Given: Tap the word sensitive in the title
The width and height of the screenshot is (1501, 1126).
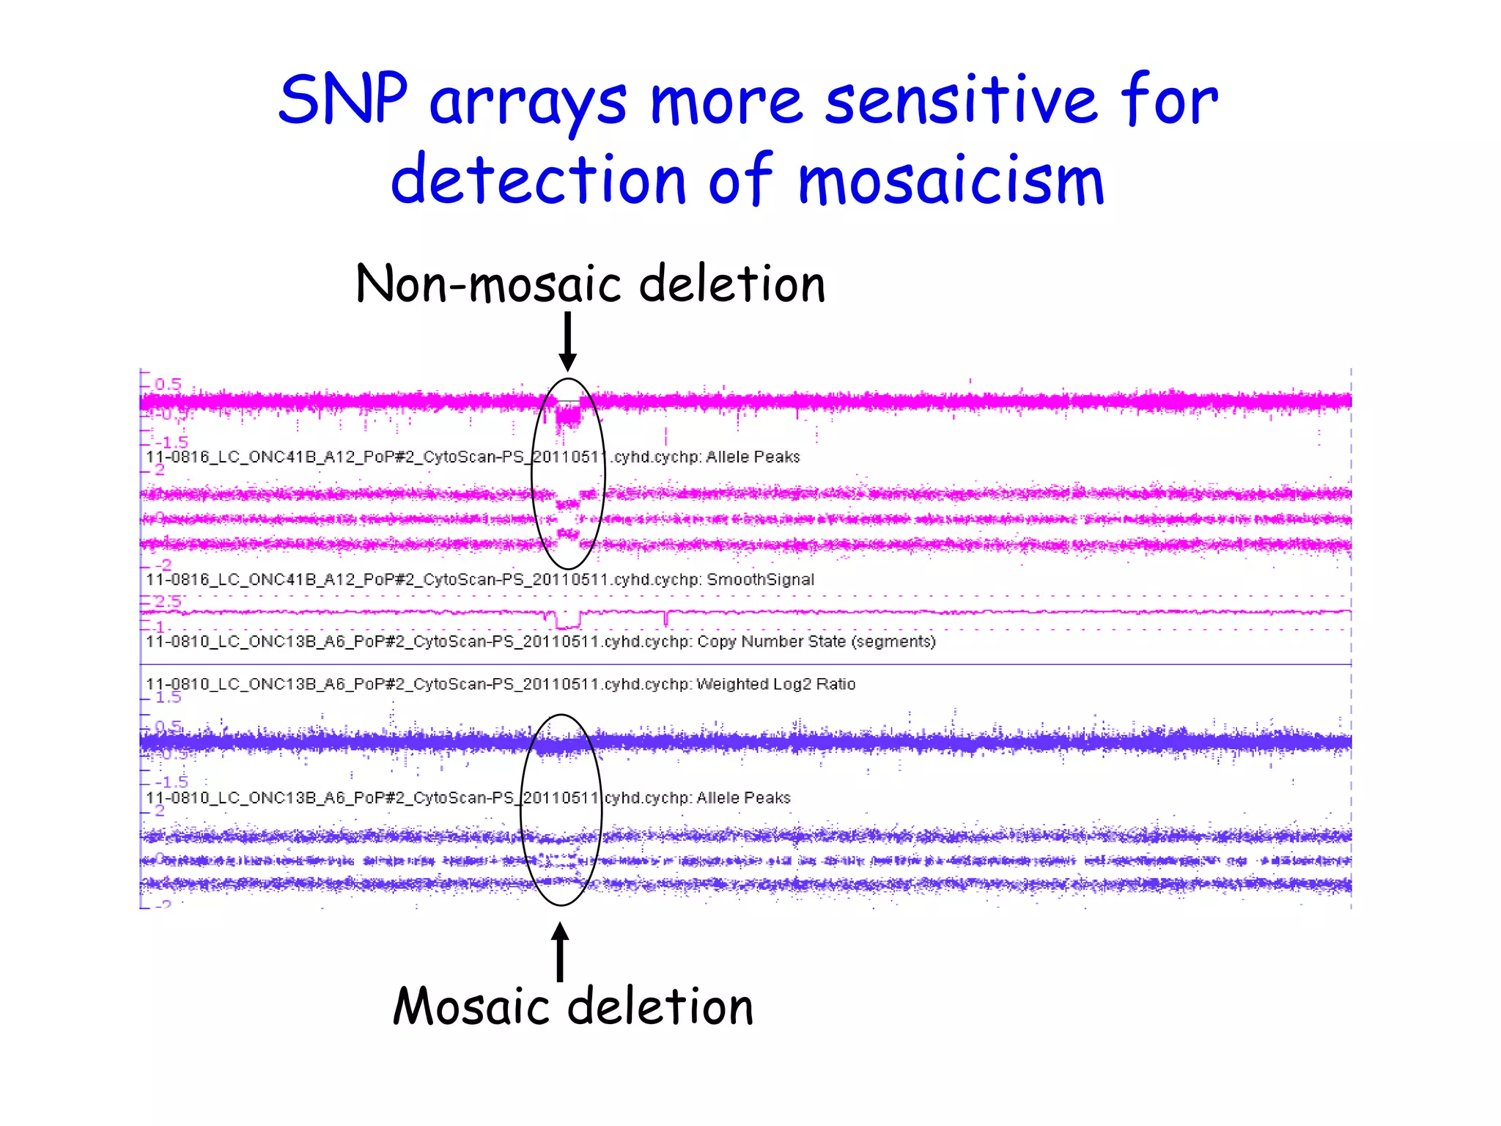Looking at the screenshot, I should tap(961, 101).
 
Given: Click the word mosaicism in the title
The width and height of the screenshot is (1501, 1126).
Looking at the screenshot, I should tap(951, 181).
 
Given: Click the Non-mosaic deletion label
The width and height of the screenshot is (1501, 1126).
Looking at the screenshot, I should tap(590, 284).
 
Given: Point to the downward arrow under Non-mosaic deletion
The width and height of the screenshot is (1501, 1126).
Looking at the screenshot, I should tap(567, 342).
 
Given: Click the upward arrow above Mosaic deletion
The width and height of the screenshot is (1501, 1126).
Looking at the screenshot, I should tap(561, 952).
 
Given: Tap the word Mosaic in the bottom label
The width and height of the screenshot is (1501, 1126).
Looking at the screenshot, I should tap(471, 1007).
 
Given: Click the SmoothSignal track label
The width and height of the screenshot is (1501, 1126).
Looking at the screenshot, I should tap(760, 580).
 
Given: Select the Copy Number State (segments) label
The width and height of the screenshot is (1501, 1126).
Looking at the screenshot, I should tap(816, 642).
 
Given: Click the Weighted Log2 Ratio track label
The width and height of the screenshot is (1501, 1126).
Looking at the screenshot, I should tap(775, 685).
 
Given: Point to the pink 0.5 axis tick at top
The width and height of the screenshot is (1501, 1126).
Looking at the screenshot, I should tap(168, 384).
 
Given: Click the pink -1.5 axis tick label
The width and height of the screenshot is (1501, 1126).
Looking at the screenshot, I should tap(174, 442).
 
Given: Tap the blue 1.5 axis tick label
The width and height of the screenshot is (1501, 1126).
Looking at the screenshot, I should tap(168, 697).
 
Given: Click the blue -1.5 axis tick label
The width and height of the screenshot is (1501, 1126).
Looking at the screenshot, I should tap(172, 781).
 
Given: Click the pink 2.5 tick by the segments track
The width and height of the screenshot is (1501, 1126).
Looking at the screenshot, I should tap(168, 602).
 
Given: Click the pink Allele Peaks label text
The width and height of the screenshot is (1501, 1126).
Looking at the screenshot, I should tap(752, 457).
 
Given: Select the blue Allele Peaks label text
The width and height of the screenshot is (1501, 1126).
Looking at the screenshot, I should tap(743, 798).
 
